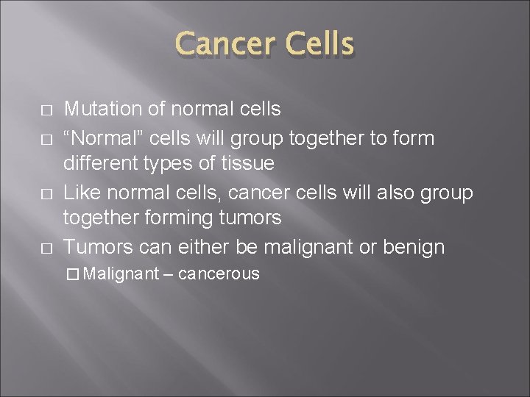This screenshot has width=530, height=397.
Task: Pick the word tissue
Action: pyautogui.click(x=248, y=164)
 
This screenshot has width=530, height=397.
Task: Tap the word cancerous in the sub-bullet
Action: pyautogui.click(x=219, y=274)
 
